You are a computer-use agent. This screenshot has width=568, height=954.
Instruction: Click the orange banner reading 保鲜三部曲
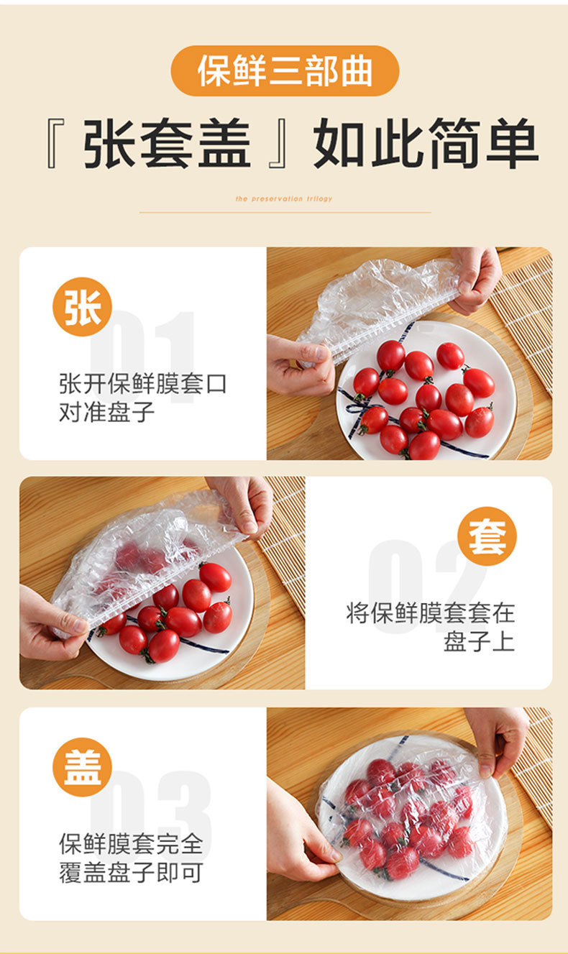coord(285,71)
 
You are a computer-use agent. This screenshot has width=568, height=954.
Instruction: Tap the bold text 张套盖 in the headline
coord(167,144)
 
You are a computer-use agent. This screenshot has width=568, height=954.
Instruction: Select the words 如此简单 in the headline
coord(425,144)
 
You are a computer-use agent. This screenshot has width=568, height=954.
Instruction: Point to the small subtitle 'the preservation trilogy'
coord(284,198)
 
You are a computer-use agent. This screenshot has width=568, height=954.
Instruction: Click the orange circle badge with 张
coord(82,307)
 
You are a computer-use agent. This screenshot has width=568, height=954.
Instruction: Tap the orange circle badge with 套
coord(487,536)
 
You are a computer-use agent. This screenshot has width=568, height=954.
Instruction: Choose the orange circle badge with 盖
coord(82,767)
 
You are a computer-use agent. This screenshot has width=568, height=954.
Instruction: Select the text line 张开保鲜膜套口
coord(142,383)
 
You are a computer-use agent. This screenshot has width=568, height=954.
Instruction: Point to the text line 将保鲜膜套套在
coord(431,613)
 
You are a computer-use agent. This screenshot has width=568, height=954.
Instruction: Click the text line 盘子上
coord(479,642)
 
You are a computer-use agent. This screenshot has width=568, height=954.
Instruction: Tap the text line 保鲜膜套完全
coord(131,843)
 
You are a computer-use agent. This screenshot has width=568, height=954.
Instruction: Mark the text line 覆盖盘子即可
coord(131,873)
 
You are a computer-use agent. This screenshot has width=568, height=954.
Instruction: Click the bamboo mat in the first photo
coord(529,316)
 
